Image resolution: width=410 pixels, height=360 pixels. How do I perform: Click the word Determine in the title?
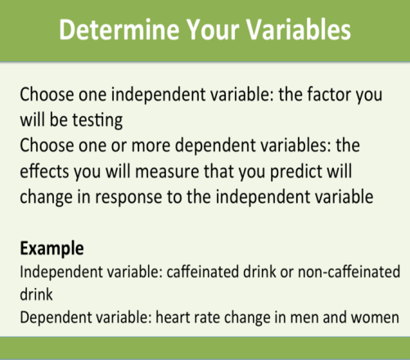(119, 29)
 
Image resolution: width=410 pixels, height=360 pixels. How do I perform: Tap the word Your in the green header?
(213, 29)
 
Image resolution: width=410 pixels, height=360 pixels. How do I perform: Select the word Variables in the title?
(299, 29)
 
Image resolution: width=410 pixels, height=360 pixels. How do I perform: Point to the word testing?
(97, 120)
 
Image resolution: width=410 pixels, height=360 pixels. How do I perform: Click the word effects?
(44, 171)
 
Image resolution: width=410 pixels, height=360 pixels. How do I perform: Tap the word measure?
(167, 172)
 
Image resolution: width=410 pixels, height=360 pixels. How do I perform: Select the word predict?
(296, 172)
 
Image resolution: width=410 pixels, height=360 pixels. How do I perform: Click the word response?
(128, 197)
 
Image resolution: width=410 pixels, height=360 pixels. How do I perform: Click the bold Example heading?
(52, 249)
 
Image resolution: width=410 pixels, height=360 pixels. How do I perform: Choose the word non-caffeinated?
(349, 272)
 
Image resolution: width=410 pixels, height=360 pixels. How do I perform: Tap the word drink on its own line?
(36, 295)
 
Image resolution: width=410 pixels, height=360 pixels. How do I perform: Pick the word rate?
(205, 318)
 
